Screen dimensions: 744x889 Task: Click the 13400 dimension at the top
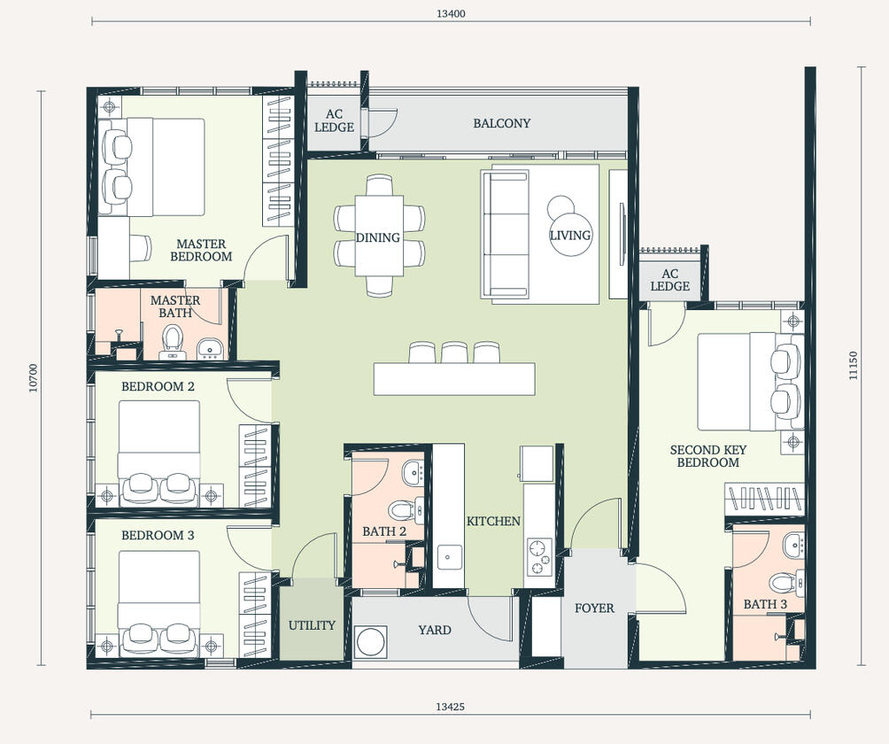(x=451, y=13)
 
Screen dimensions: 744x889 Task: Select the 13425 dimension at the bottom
(x=451, y=707)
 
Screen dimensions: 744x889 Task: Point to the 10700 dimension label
(x=34, y=378)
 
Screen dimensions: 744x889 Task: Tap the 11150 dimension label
(x=854, y=366)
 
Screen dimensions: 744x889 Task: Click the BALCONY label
(x=501, y=124)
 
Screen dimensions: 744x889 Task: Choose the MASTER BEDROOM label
(x=201, y=250)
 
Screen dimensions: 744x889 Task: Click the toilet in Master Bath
(x=172, y=337)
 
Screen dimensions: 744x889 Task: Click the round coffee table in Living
(x=568, y=235)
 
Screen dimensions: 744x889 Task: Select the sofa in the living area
(x=504, y=233)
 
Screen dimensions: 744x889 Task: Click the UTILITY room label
(x=312, y=625)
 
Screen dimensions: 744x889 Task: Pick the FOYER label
(x=594, y=608)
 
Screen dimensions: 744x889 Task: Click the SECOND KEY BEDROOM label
(x=707, y=456)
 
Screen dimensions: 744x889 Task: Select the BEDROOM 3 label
(x=158, y=536)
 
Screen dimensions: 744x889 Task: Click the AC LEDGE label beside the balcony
(x=334, y=121)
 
